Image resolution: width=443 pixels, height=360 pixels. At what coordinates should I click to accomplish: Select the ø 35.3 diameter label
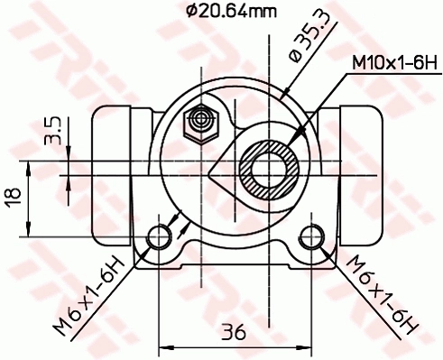point(297,44)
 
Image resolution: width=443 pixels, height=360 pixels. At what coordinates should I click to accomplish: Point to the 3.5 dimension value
point(54,131)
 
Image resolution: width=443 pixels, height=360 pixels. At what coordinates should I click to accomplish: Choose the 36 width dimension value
point(235,332)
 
